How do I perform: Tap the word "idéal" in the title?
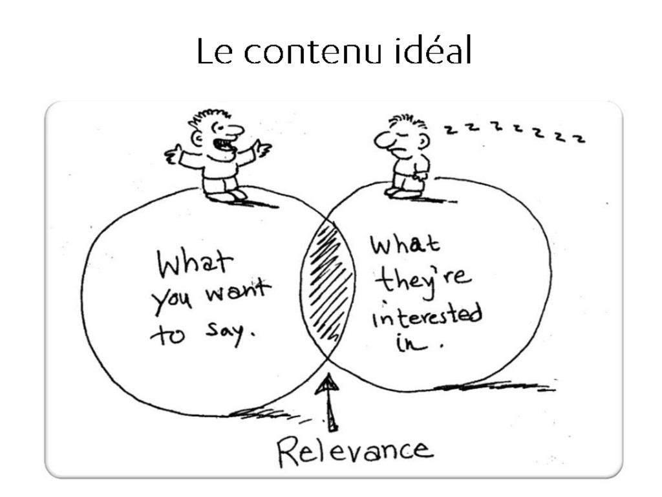click(432, 51)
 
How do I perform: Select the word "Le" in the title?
click(214, 52)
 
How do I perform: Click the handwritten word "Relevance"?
click(355, 451)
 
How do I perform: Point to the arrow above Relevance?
click(329, 401)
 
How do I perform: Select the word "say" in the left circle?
click(228, 332)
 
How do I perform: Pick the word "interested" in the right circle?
click(427, 316)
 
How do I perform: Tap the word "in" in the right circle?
click(411, 342)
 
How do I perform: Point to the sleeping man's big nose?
click(384, 139)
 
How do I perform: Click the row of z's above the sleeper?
click(515, 132)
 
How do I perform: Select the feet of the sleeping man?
click(404, 192)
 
